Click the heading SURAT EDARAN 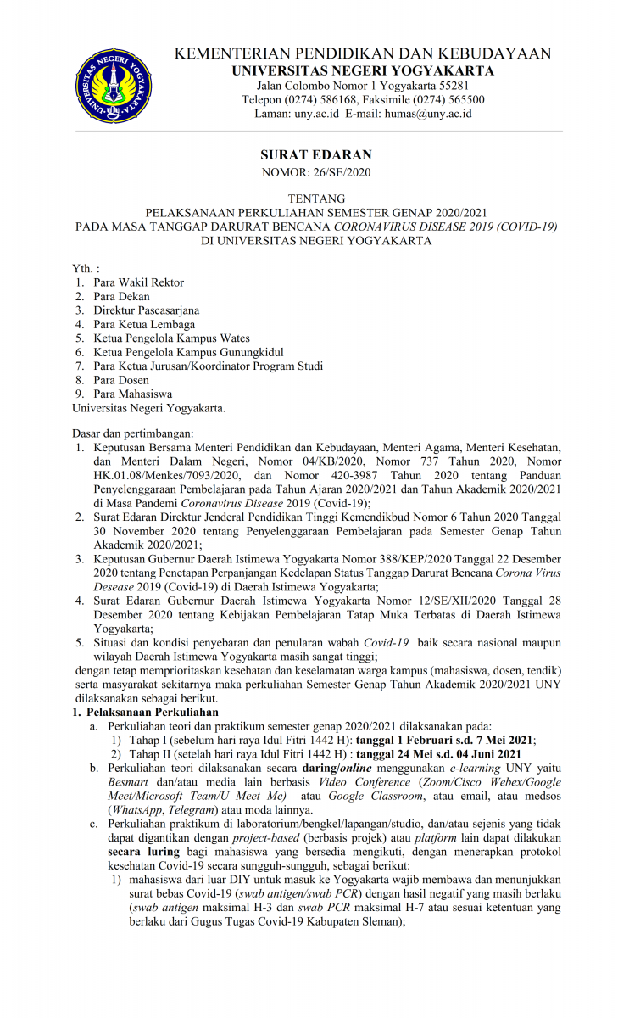(315, 155)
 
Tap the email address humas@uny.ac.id (427, 113)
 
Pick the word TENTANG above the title (315, 199)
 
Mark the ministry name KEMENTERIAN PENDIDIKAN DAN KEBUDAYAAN (363, 53)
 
